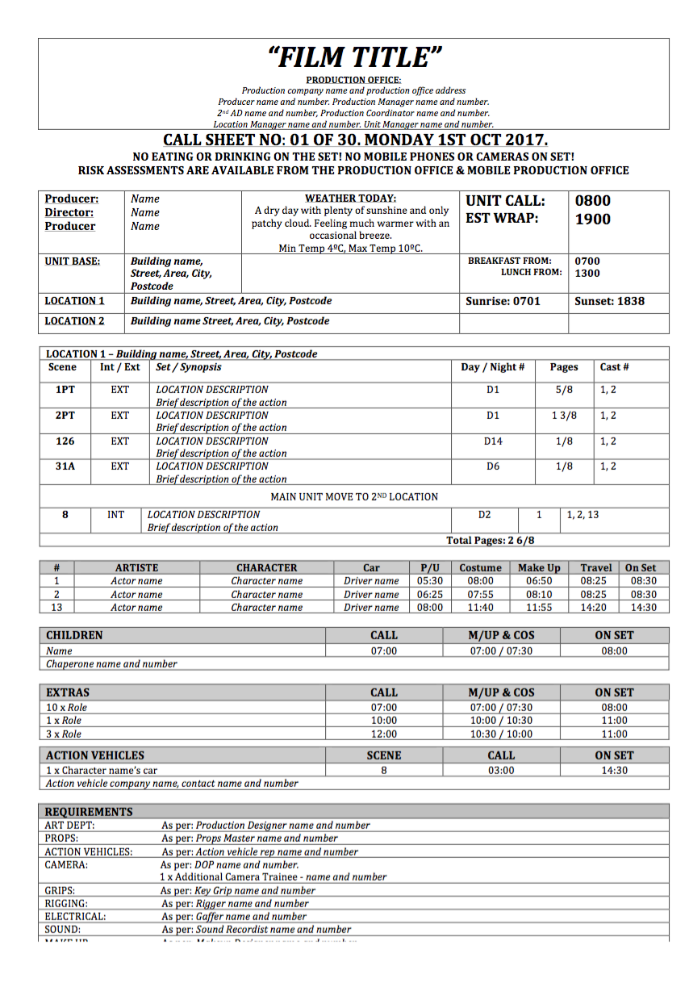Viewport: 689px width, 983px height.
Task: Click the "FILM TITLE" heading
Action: pyautogui.click(x=354, y=57)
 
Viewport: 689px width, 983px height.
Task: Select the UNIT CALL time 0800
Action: pyautogui.click(x=593, y=201)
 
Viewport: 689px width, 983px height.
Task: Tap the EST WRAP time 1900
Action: pyautogui.click(x=593, y=219)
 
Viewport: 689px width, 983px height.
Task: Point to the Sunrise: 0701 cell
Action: pyautogui.click(x=503, y=301)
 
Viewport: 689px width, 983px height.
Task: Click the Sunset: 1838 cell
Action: pyautogui.click(x=609, y=301)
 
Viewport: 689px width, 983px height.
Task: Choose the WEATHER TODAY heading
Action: pyautogui.click(x=350, y=199)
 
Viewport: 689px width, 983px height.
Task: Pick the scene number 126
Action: pyautogui.click(x=65, y=441)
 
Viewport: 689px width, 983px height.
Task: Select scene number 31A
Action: pyautogui.click(x=65, y=466)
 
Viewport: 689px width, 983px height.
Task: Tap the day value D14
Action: pyautogui.click(x=493, y=441)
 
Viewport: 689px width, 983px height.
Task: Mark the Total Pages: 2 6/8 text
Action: pyautogui.click(x=491, y=541)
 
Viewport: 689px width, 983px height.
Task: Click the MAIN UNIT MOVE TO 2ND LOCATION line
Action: pyautogui.click(x=354, y=497)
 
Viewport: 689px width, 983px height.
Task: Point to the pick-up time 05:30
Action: pyautogui.click(x=429, y=581)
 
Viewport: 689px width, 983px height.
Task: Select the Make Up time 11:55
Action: pyautogui.click(x=539, y=608)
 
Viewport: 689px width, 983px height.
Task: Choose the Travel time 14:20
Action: pyautogui.click(x=596, y=608)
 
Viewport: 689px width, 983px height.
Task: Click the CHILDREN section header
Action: pyautogui.click(x=74, y=636)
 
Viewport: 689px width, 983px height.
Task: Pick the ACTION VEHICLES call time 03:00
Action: pyautogui.click(x=501, y=771)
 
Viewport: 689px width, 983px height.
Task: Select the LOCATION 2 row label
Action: pyautogui.click(x=74, y=321)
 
